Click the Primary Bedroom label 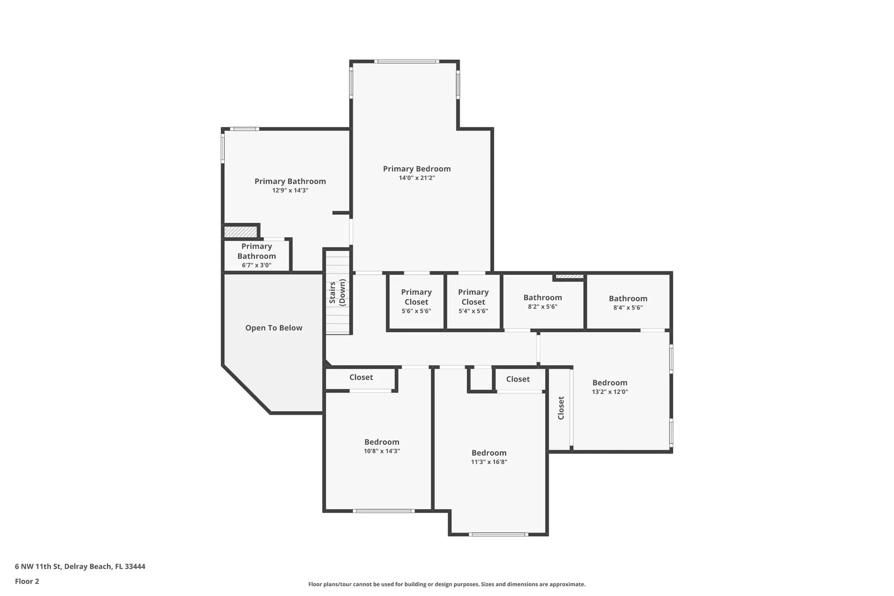417,169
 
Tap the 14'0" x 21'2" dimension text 417,178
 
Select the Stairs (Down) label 337,292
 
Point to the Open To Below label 274,328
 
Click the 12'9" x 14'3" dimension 290,190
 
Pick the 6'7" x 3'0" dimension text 257,265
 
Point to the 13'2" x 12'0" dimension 610,392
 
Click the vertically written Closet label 561,408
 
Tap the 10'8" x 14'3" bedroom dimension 381,451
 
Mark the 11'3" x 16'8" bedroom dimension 489,462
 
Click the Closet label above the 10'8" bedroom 361,377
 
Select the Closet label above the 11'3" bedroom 518,379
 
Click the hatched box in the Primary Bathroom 240,232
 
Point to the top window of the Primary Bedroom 407,61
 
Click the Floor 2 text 27,581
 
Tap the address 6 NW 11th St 38,566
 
